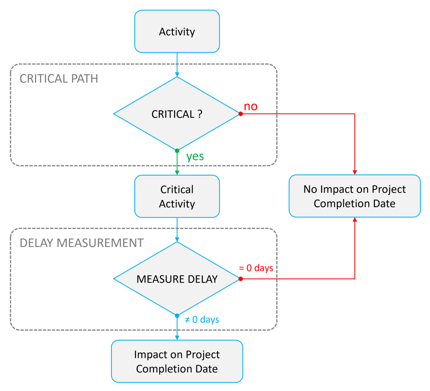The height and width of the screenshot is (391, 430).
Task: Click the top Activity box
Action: point(177,31)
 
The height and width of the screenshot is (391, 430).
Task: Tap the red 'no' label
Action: point(251,106)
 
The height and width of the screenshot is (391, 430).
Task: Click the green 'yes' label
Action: point(195,156)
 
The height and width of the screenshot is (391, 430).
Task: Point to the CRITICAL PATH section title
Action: point(59,79)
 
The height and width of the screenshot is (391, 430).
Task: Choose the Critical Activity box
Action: point(177,196)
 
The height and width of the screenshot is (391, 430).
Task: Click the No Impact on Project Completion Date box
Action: point(354,196)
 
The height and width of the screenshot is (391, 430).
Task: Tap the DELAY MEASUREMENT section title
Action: point(81,243)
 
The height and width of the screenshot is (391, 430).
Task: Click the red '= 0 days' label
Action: point(256,268)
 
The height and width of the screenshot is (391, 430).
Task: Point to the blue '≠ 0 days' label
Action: point(202,319)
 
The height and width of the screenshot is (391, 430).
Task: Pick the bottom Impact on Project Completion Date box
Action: point(177,361)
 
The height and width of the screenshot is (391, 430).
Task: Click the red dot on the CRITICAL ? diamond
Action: point(240,114)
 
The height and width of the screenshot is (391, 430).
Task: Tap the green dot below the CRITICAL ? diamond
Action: point(177,151)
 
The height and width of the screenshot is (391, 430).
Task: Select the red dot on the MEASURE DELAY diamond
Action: point(240,279)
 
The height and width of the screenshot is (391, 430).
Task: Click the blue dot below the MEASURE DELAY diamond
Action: point(177,316)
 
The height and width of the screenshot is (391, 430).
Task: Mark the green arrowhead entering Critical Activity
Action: point(177,173)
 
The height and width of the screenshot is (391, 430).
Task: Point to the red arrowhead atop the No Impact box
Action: point(355,172)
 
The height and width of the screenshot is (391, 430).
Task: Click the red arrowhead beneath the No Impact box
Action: point(355,220)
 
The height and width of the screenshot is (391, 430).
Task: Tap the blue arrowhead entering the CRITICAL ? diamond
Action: point(177,74)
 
